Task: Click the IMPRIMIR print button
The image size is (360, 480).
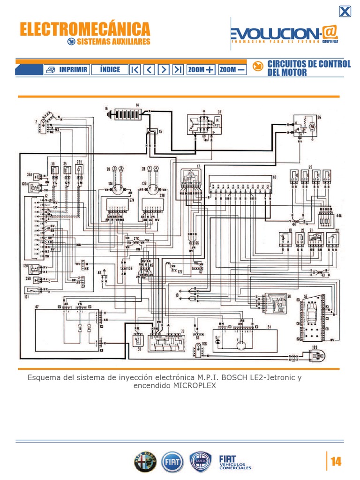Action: pyautogui.click(x=67, y=70)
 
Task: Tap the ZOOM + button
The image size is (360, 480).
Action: pyautogui.click(x=201, y=70)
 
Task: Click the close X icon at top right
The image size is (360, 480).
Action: pyautogui.click(x=345, y=12)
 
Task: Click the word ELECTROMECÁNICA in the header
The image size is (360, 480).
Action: pyautogui.click(x=85, y=29)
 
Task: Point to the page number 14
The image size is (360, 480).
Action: pyautogui.click(x=336, y=462)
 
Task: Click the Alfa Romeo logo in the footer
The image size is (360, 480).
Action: pyautogui.click(x=144, y=463)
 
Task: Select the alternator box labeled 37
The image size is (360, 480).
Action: pyautogui.click(x=205, y=124)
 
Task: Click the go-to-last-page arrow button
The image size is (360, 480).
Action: pyautogui.click(x=178, y=70)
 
